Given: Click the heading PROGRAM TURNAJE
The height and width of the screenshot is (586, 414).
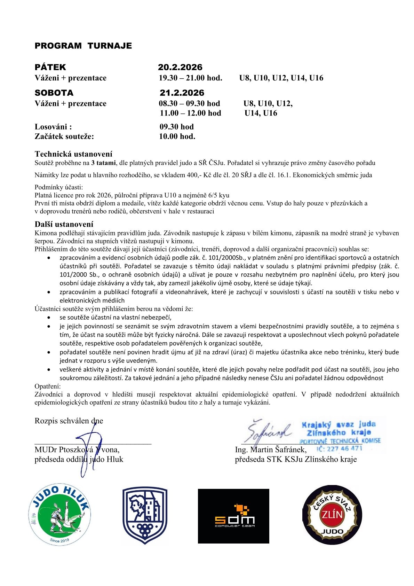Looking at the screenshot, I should point(83,46).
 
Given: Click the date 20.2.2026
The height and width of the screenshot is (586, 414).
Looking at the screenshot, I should point(180,67).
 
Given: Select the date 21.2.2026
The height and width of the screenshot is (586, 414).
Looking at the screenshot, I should point(182,93).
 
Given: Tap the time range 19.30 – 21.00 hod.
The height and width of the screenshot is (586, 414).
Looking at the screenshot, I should point(190,78).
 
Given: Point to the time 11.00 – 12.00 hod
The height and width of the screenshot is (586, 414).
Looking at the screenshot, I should point(190,113).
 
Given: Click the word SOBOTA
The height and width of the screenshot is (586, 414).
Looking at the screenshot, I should point(54,93).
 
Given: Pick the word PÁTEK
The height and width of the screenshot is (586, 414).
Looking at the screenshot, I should point(50,67).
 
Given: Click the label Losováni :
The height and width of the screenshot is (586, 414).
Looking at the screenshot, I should point(53,127).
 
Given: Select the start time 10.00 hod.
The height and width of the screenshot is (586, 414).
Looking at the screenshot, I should point(177,136).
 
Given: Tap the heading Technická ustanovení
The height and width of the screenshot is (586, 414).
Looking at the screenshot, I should point(73,154).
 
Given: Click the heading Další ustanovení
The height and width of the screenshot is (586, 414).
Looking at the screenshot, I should point(64,224).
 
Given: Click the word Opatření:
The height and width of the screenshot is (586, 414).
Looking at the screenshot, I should point(48,386).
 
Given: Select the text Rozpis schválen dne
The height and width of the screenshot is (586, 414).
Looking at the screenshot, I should point(69,421).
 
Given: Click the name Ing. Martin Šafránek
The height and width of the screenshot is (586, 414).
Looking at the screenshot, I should point(271,450).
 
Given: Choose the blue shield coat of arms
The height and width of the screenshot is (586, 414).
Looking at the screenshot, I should point(145,515).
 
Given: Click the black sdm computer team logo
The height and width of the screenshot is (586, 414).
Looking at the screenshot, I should point(233,516).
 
